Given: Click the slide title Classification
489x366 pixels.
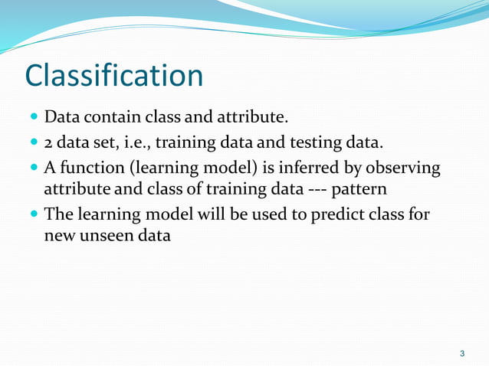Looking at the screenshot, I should tap(114, 76).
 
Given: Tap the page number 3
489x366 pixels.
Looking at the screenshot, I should tap(461, 353).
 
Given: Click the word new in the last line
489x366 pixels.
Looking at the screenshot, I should tap(58, 235).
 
